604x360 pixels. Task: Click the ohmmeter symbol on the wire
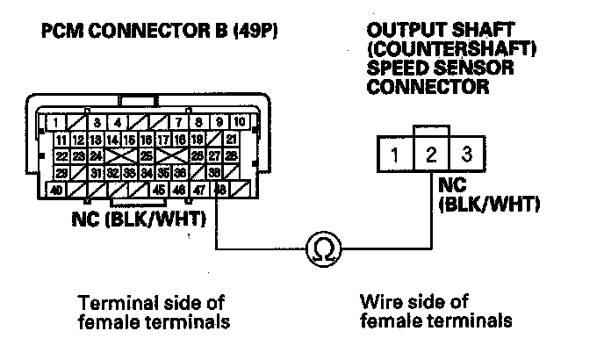tap(317, 252)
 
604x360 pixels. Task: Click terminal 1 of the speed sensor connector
tap(396, 156)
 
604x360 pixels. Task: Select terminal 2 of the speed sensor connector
tap(431, 156)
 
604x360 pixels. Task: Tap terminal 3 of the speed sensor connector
tap(466, 156)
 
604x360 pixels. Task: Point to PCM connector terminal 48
tap(221, 189)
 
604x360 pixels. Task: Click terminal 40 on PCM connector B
tap(56, 189)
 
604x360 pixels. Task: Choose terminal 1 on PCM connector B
tap(56, 123)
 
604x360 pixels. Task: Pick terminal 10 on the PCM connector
tap(240, 123)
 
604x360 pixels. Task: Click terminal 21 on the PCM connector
tap(231, 140)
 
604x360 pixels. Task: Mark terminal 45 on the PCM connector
tap(160, 189)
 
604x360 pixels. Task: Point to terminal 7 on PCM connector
tap(179, 123)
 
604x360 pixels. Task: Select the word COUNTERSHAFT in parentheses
tap(437, 49)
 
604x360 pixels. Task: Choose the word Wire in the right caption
tap(381, 303)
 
